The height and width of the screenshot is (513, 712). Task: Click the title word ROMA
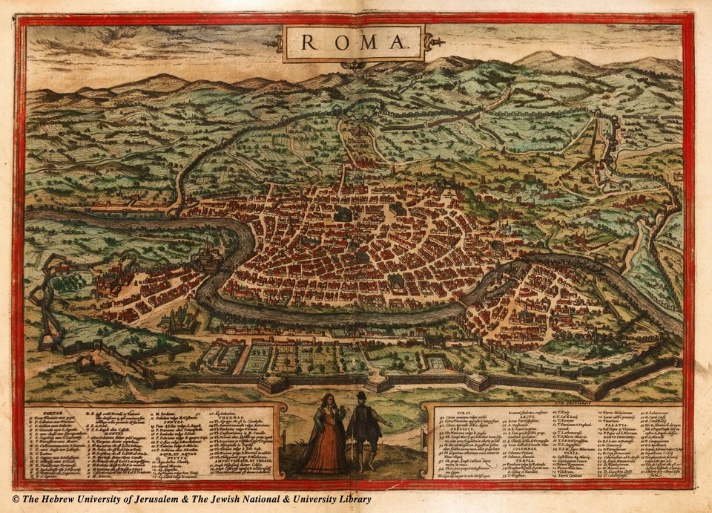(x=353, y=42)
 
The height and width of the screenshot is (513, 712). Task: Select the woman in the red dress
(x=326, y=438)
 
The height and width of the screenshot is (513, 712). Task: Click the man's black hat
(x=361, y=396)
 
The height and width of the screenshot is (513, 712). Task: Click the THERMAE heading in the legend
(x=222, y=419)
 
